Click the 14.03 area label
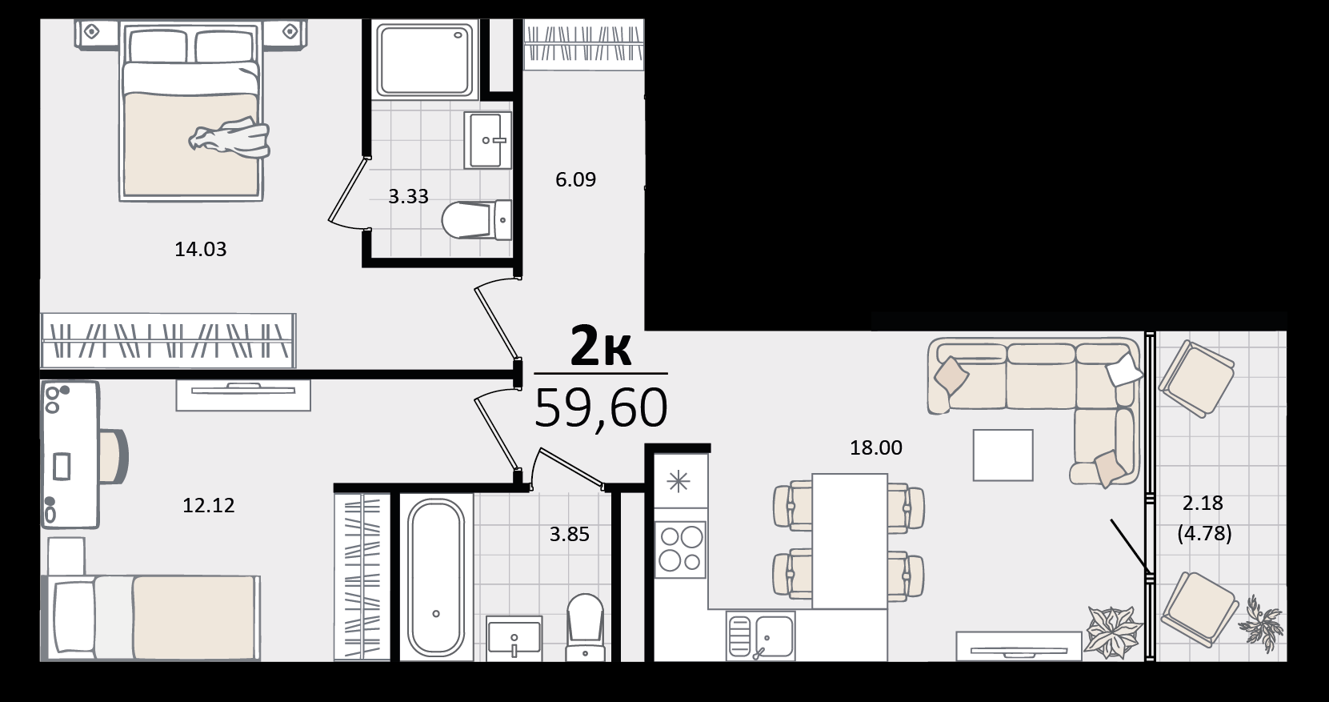pyautogui.click(x=201, y=249)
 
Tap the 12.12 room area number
pyautogui.click(x=208, y=506)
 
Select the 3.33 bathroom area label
pyautogui.click(x=408, y=196)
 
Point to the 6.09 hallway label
pyautogui.click(x=575, y=179)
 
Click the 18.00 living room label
pyautogui.click(x=875, y=447)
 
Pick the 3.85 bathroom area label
pyautogui.click(x=570, y=535)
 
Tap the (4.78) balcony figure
pyautogui.click(x=1204, y=533)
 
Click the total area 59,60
pyautogui.click(x=601, y=408)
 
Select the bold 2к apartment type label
pyautogui.click(x=600, y=347)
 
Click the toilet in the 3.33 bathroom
pyautogui.click(x=476, y=219)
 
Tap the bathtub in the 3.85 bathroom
pyautogui.click(x=436, y=578)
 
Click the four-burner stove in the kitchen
pyautogui.click(x=681, y=549)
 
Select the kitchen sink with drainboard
pyautogui.click(x=761, y=636)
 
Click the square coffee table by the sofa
pyautogui.click(x=1003, y=455)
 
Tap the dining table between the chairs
pyautogui.click(x=850, y=541)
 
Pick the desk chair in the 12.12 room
pyautogui.click(x=114, y=455)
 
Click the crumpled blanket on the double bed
pyautogui.click(x=230, y=138)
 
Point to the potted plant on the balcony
pyautogui.click(x=1261, y=623)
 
